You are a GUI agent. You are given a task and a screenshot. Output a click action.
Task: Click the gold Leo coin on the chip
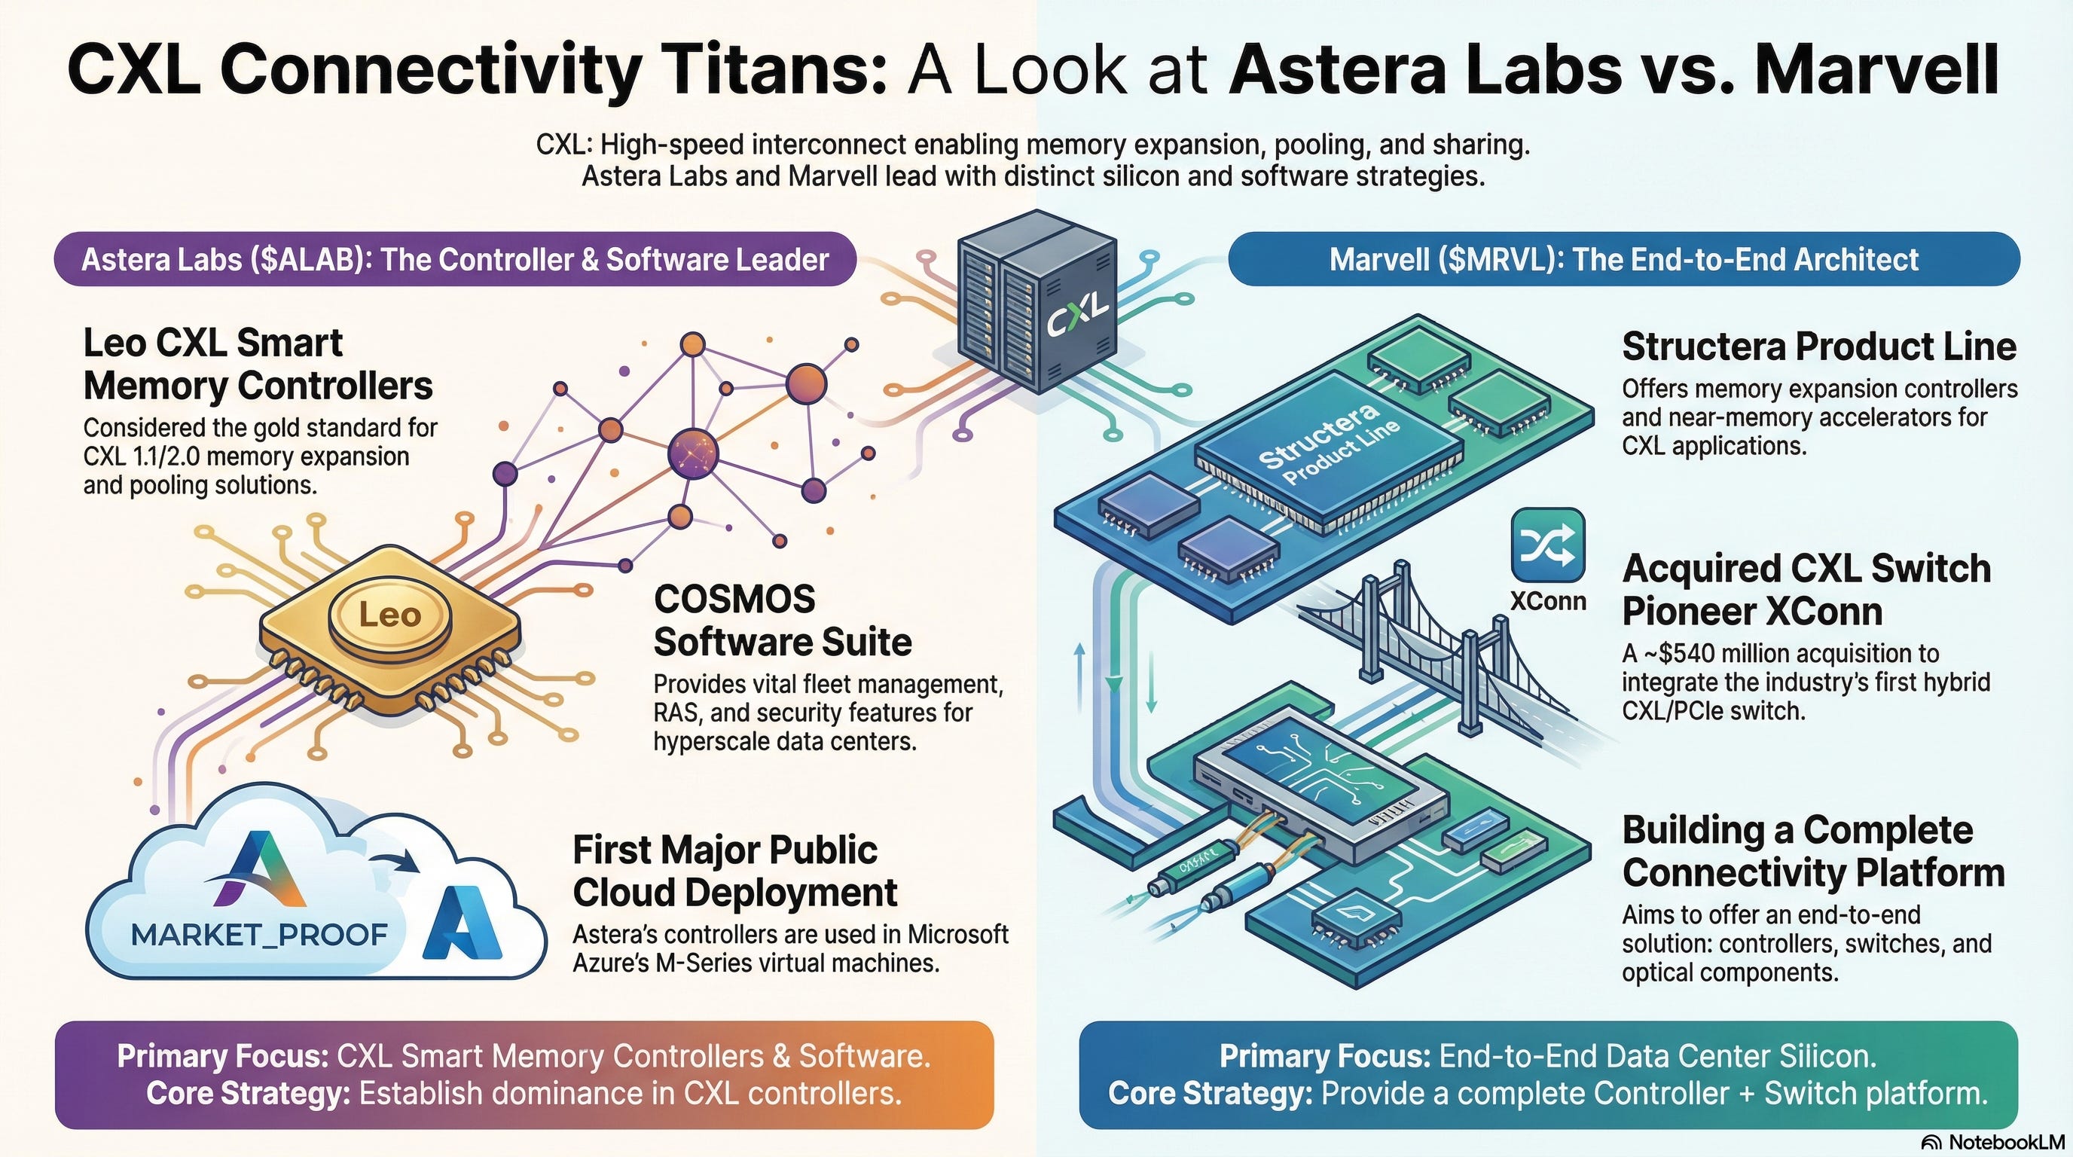389,615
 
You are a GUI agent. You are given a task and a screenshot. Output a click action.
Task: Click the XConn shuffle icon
1547,545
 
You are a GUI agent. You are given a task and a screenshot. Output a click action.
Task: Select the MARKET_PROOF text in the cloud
259,935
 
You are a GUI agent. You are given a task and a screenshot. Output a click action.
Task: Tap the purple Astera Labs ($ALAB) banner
455,259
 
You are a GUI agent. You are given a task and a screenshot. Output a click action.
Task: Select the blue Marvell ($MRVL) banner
1624,259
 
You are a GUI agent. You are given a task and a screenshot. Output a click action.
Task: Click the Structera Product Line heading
1818,346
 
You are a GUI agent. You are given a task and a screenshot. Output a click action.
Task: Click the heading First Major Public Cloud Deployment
734,872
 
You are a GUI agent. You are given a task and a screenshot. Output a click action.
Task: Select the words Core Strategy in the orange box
248,1094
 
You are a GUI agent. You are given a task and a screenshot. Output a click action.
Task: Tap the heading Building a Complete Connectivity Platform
1813,851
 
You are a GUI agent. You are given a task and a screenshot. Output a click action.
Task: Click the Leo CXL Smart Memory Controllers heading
258,365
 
